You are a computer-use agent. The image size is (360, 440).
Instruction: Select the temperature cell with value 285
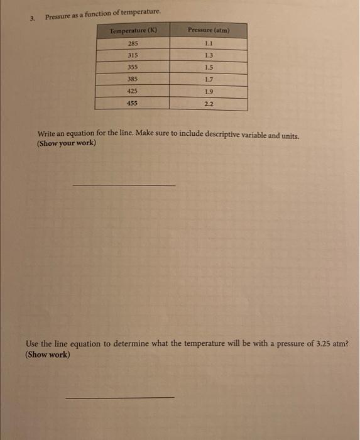pyautogui.click(x=133, y=44)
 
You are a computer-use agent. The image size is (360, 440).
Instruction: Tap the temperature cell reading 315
pyautogui.click(x=133, y=55)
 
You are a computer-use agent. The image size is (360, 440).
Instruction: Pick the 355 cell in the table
pyautogui.click(x=133, y=67)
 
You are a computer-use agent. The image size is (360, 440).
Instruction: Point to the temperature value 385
pyautogui.click(x=133, y=79)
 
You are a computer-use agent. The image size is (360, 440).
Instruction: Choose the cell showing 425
pyautogui.click(x=133, y=91)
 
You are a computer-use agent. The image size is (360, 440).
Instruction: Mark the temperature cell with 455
pyautogui.click(x=133, y=104)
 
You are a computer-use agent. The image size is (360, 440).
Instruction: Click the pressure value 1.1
pyautogui.click(x=209, y=43)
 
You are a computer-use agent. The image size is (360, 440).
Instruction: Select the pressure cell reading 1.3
pyautogui.click(x=209, y=55)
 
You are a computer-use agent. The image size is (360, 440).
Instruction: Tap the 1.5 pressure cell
pyautogui.click(x=209, y=67)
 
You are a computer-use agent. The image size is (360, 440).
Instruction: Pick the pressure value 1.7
pyautogui.click(x=209, y=79)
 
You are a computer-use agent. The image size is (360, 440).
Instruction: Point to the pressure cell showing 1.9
pyautogui.click(x=209, y=91)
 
